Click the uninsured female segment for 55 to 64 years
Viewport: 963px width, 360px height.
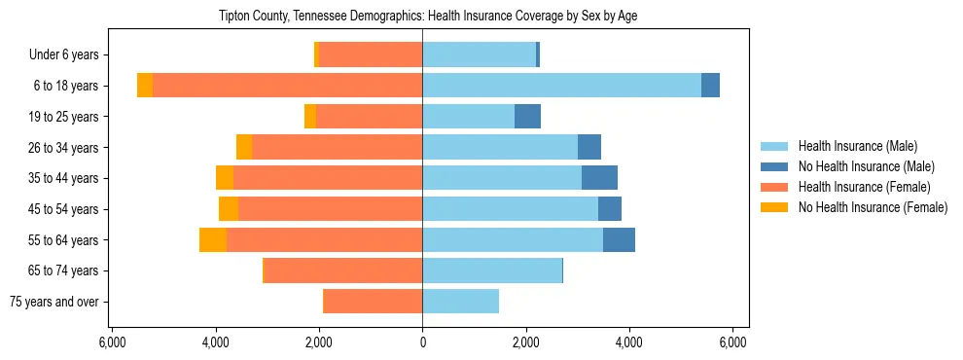point(213,239)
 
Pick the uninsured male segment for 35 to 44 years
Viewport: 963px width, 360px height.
point(599,178)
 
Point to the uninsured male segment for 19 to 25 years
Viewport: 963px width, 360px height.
point(527,117)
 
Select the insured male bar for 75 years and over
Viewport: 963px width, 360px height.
point(460,302)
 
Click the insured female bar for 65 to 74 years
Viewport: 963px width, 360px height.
point(343,270)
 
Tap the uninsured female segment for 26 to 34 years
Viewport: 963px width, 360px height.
point(244,147)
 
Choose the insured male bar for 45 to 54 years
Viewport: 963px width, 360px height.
point(510,209)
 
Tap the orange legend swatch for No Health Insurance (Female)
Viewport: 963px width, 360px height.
point(774,207)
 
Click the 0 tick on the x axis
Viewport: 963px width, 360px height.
point(422,342)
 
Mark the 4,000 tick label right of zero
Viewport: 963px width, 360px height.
point(629,342)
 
